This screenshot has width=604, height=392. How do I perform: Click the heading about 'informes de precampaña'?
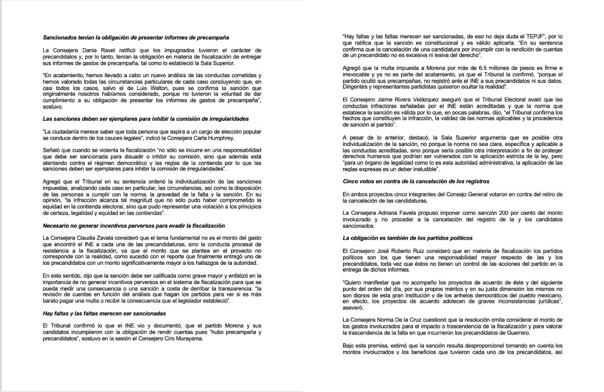(135, 38)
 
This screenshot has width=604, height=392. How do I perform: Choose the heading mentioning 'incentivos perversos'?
(133, 226)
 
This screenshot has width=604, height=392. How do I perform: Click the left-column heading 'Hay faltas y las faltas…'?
(104, 313)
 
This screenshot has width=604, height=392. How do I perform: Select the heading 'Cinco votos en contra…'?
(416, 181)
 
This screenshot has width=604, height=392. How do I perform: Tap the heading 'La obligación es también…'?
(408, 238)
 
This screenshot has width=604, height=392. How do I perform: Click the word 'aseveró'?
(352, 307)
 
